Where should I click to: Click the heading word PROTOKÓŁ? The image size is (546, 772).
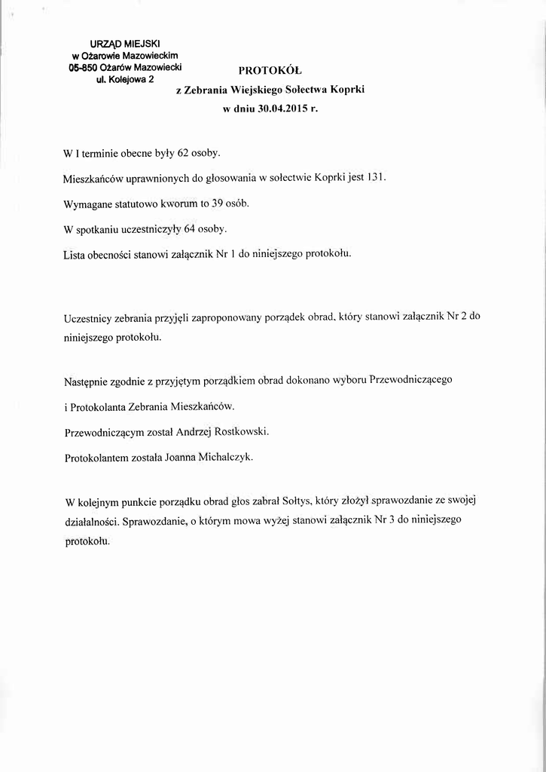click(270, 71)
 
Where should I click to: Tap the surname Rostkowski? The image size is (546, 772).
click(242, 433)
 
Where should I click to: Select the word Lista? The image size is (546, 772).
click(76, 254)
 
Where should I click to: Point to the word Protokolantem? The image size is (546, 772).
click(100, 458)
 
